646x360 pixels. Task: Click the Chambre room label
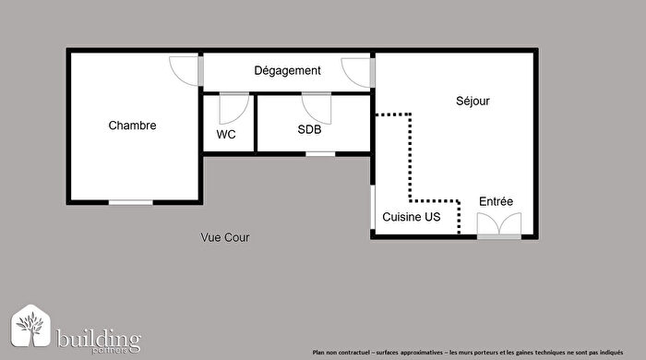point(132,126)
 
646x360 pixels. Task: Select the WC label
point(226,134)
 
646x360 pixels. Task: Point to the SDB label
point(309,130)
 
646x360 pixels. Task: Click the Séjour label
point(473,101)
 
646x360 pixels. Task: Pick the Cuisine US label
point(412,217)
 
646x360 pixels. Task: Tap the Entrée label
point(496,201)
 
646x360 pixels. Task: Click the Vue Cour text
point(225,237)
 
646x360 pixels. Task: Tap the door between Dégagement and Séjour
point(357,71)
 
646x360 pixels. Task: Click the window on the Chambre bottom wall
point(130,202)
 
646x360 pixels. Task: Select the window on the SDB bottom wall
point(320,153)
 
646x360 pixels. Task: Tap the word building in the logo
point(98,336)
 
